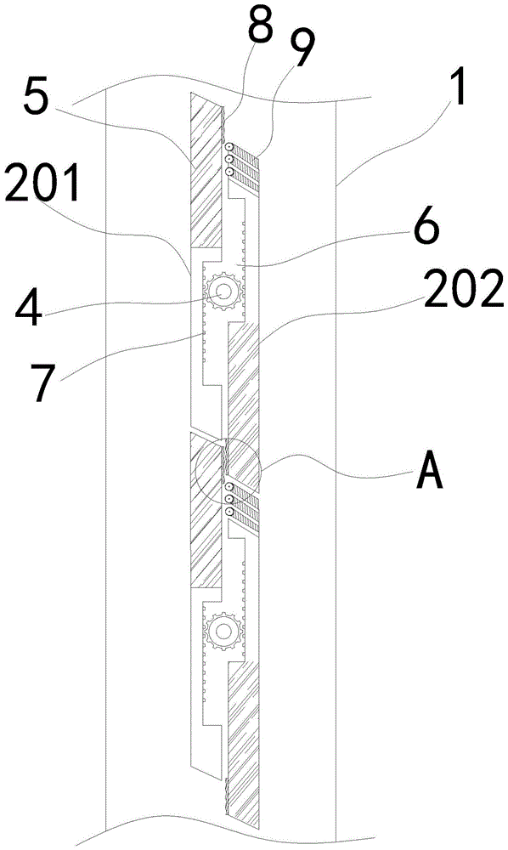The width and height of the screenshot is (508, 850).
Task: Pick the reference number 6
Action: pyautogui.click(x=425, y=231)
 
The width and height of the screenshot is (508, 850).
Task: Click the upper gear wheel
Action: pyautogui.click(x=223, y=293)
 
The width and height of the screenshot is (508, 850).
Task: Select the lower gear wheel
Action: pyautogui.click(x=223, y=631)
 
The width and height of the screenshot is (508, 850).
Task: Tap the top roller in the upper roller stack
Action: pyautogui.click(x=229, y=147)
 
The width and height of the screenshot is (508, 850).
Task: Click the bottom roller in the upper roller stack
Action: pyautogui.click(x=229, y=172)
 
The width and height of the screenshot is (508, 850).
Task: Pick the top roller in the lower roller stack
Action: pyautogui.click(x=229, y=487)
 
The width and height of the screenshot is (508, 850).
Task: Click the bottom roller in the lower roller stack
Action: pyautogui.click(x=229, y=511)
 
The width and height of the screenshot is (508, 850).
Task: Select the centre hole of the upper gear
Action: pyautogui.click(x=223, y=293)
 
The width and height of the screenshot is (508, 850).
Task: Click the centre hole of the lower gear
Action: pyautogui.click(x=223, y=631)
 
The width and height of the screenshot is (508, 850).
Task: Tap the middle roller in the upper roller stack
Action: pyautogui.click(x=229, y=160)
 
